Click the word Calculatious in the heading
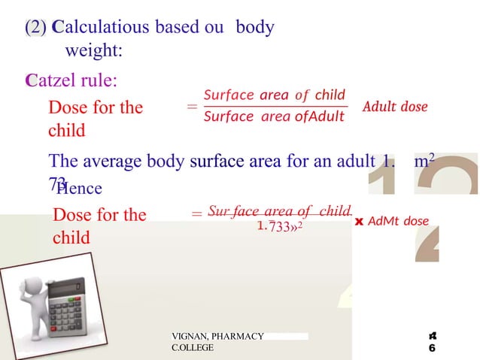pyautogui.click(x=102, y=28)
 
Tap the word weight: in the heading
pyautogui.click(x=95, y=52)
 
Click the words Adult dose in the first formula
pyautogui.click(x=395, y=107)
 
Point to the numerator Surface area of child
pyautogui.click(x=275, y=95)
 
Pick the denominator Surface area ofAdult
pyautogui.click(x=274, y=116)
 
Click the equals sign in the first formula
pyautogui.click(x=191, y=107)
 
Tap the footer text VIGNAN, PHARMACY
pyautogui.click(x=217, y=336)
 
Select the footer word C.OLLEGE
pyautogui.click(x=193, y=348)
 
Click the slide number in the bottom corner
pyautogui.click(x=433, y=342)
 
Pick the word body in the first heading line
pyautogui.click(x=255, y=28)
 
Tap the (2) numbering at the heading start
pyautogui.click(x=35, y=28)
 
